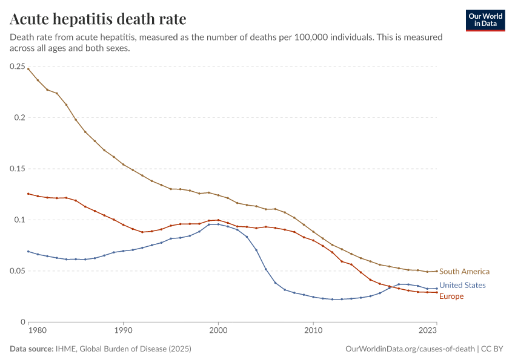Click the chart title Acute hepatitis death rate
[x=98, y=19]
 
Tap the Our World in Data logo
[x=485, y=21]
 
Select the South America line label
[x=464, y=272]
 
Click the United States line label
[x=462, y=286]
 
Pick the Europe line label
[x=451, y=296]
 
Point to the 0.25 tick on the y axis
[x=18, y=67]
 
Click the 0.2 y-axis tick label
[x=20, y=118]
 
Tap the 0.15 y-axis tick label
[x=18, y=169]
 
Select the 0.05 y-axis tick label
[x=18, y=271]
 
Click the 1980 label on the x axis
[x=38, y=330]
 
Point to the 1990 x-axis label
[x=123, y=330]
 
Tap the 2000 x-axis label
[x=218, y=330]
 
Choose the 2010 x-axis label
[x=313, y=330]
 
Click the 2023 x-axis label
[x=428, y=330]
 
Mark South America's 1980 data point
[x=28, y=69]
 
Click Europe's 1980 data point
[x=28, y=194]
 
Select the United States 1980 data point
[x=28, y=252]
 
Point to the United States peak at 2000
[x=218, y=224]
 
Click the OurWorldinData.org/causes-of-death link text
[x=410, y=349]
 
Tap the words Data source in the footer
[x=32, y=349]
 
